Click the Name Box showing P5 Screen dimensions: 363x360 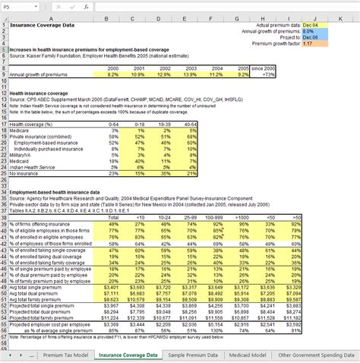point(15,5)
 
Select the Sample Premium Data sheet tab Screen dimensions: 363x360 point(197,355)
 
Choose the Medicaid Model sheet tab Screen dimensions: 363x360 point(253,355)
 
